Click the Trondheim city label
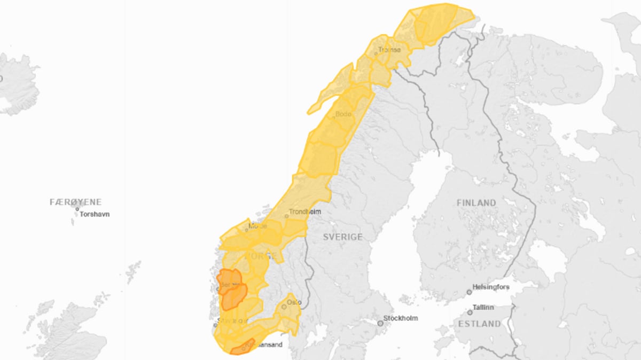coord(305,212)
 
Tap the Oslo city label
coord(294,302)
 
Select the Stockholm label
coord(401,318)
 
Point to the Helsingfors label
coord(491,287)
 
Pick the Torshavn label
coord(95,214)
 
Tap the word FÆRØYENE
coord(75,202)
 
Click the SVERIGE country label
coord(342,237)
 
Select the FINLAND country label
coord(476,203)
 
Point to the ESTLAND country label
coord(479,324)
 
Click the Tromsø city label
coord(389,50)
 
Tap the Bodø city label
coord(343,114)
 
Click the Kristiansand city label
coord(264,345)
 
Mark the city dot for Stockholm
coord(380,323)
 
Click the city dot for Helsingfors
coord(469,292)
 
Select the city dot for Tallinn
coord(470,312)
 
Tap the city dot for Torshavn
coord(77,209)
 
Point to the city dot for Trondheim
coord(286,216)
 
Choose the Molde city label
coord(257,226)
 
